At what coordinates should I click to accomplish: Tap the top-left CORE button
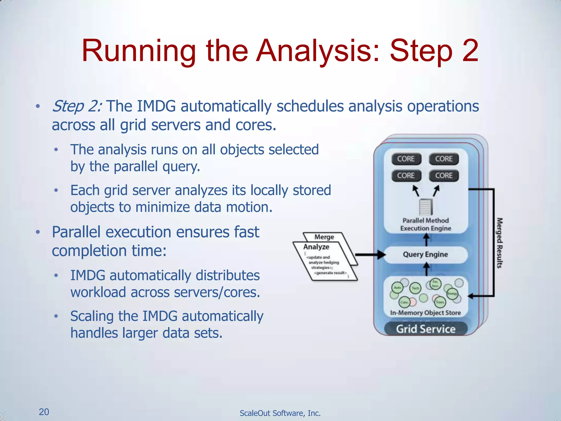point(406,159)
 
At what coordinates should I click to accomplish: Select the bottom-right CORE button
point(444,176)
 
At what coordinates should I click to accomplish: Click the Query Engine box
point(425,255)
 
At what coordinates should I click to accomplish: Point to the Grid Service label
point(425,329)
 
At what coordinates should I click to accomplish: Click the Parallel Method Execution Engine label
point(425,224)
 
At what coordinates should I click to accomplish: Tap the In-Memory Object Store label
point(425,313)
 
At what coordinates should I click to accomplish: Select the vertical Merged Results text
point(500,243)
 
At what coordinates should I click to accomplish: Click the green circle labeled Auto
point(397,288)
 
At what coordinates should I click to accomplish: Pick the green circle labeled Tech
point(415,288)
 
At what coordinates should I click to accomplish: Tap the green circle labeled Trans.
point(440,302)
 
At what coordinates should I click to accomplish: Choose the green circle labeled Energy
point(452,294)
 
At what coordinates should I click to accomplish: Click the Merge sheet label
point(324,237)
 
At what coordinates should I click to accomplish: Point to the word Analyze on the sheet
point(316,247)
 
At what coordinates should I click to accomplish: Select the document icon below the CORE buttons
point(425,207)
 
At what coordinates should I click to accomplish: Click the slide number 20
point(44,412)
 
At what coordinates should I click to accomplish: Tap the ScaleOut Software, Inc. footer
point(280,413)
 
